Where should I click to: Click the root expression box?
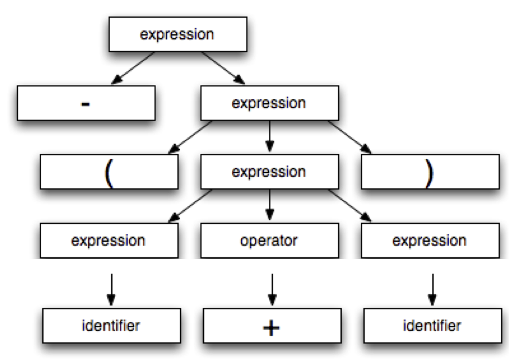[177, 34]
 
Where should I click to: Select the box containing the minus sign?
[85, 103]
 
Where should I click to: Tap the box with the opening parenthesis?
[110, 172]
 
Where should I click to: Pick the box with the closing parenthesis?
[429, 172]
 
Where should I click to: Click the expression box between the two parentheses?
[269, 172]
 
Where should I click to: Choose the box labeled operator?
[269, 241]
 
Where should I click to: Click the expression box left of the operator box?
[108, 241]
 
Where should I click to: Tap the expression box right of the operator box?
[429, 241]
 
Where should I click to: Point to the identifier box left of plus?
[111, 326]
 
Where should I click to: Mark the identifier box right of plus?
[432, 326]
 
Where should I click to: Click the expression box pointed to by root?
[269, 103]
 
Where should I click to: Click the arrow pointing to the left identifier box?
[111, 288]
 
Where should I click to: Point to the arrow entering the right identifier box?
[432, 288]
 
